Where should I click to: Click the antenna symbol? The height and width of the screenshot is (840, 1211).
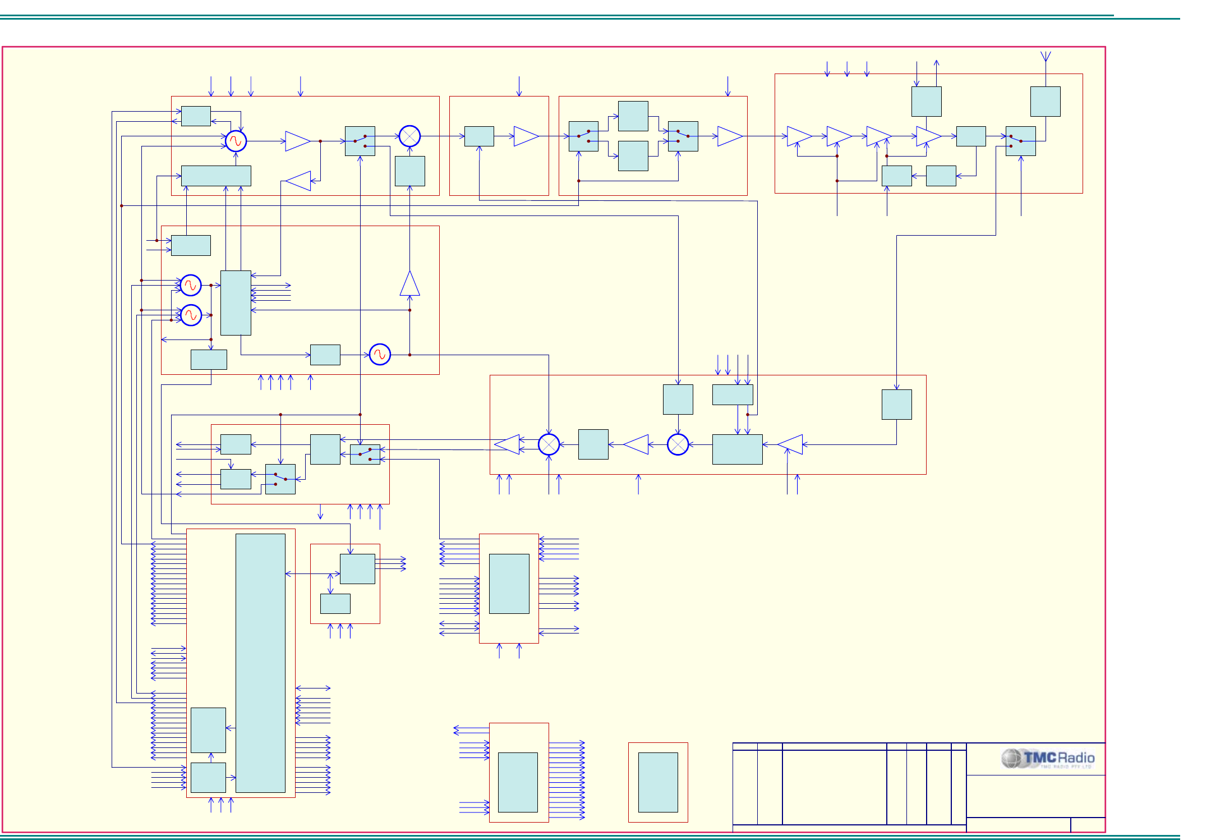pyautogui.click(x=1046, y=57)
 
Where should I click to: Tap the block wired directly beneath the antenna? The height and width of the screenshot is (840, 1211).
pyautogui.click(x=1045, y=102)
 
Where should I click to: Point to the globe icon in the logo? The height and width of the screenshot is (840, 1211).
pyautogui.click(x=1012, y=759)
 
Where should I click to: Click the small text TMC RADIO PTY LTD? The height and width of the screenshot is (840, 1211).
pyautogui.click(x=1066, y=766)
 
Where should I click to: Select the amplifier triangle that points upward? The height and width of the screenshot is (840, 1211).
pyautogui.click(x=409, y=284)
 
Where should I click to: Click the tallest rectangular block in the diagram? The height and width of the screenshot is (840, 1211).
pyautogui.click(x=260, y=663)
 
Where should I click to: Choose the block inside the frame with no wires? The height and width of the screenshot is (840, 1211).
pyautogui.click(x=658, y=782)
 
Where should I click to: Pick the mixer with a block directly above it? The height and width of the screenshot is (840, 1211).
pyautogui.click(x=678, y=444)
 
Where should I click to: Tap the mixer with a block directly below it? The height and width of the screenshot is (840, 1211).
pyautogui.click(x=409, y=136)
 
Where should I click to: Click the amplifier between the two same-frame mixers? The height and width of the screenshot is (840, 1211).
pyautogui.click(x=636, y=444)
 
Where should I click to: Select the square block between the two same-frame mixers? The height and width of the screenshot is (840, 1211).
pyautogui.click(x=593, y=444)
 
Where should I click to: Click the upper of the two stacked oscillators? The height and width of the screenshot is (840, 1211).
pyautogui.click(x=191, y=285)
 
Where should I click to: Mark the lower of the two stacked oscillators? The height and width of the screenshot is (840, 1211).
pyautogui.click(x=191, y=315)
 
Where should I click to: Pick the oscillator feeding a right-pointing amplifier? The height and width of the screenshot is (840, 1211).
pyautogui.click(x=236, y=141)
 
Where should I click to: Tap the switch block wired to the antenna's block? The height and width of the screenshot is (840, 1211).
pyautogui.click(x=1020, y=141)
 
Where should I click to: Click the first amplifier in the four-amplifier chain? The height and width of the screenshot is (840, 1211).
pyautogui.click(x=799, y=136)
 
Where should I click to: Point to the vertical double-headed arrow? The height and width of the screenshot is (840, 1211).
pyautogui.click(x=330, y=584)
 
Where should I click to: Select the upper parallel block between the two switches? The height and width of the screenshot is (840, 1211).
pyautogui.click(x=633, y=116)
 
